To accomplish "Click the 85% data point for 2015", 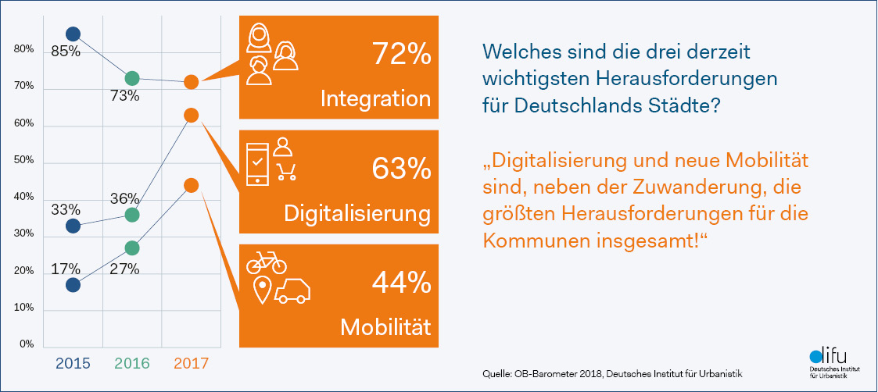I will tap(73, 34).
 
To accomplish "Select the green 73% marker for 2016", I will tap(132, 78).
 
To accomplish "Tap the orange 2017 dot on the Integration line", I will tap(191, 82).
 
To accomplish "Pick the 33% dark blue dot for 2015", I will tap(73, 226).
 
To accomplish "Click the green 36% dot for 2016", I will tap(132, 214).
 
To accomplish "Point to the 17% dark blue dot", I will tap(73, 285).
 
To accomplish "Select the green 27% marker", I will tap(132, 248).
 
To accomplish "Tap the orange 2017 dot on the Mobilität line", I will tap(191, 185).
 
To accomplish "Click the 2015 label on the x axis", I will tap(73, 363).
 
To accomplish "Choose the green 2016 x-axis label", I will tap(132, 363).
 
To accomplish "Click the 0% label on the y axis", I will tap(27, 344).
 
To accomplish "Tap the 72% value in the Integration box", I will tap(401, 55).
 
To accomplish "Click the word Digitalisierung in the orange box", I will tap(357, 213).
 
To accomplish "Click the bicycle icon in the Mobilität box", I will tap(266, 262).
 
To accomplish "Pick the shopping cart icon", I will tap(287, 170).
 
